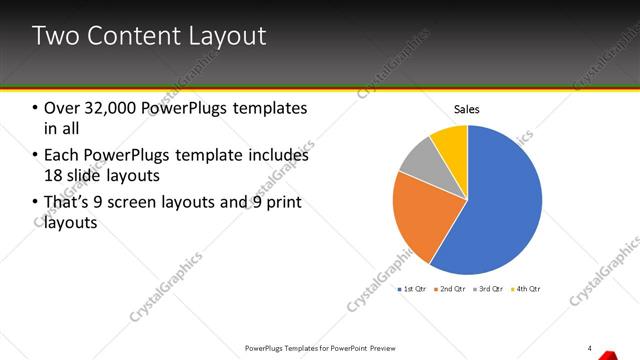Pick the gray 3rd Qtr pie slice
pos(420,160)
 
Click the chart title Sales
pos(467,109)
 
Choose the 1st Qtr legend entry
pos(413,289)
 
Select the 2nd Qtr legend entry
pos(452,289)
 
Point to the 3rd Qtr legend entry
pos(490,289)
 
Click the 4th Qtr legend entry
pos(527,289)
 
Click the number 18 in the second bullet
pos(55,176)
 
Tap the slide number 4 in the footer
pos(590,348)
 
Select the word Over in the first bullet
pos(60,108)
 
